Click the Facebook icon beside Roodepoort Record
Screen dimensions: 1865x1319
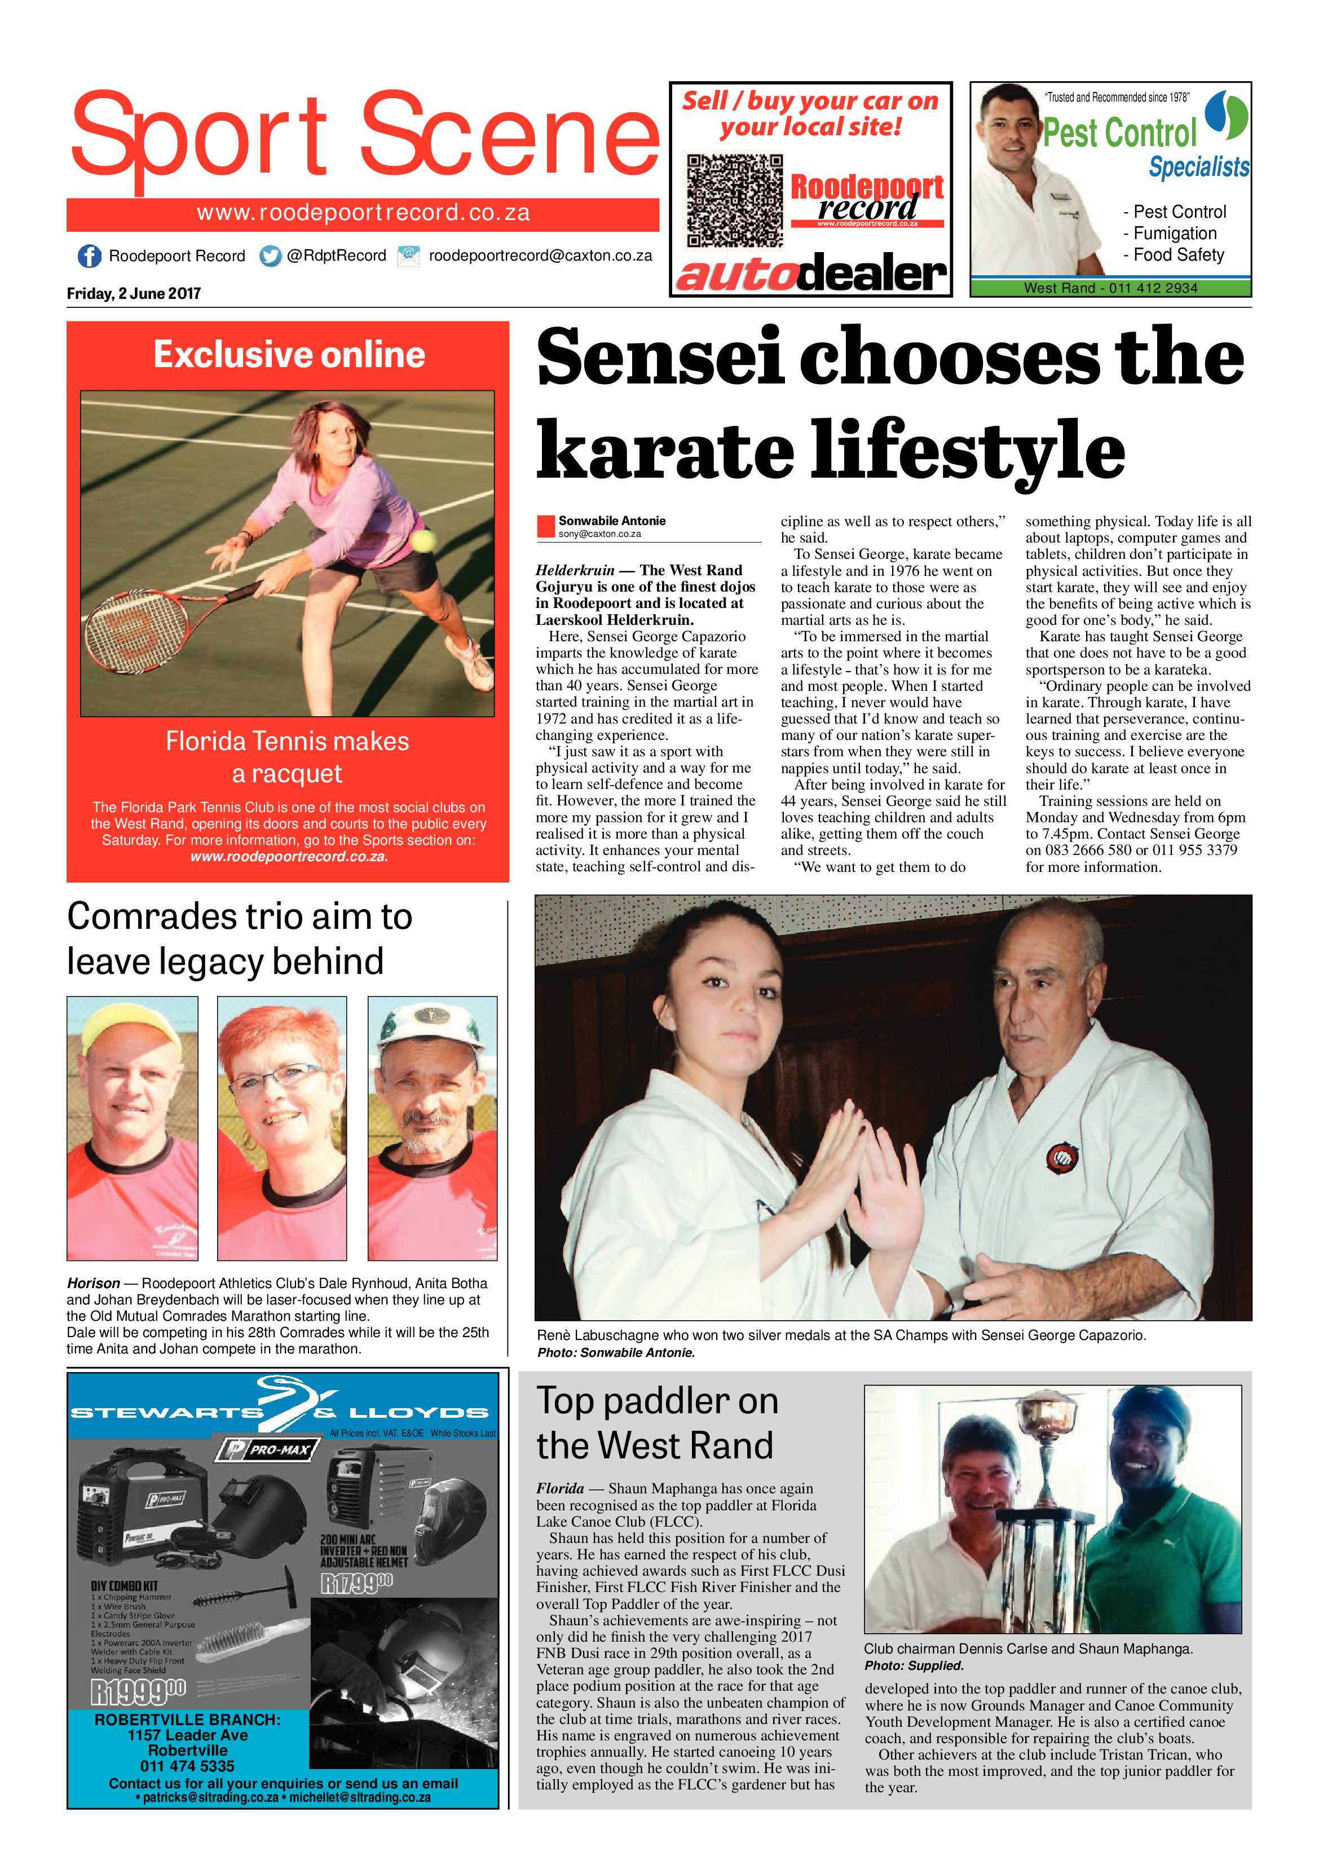coord(89,256)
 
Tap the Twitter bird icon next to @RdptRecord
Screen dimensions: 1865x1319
coord(271,256)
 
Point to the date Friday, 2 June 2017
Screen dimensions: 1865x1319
coord(134,294)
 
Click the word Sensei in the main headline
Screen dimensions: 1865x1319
coord(660,358)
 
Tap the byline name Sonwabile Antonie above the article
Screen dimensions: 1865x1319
coord(612,521)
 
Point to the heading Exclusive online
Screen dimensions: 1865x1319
coord(289,355)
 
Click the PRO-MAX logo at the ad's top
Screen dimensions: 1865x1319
coord(265,1450)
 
